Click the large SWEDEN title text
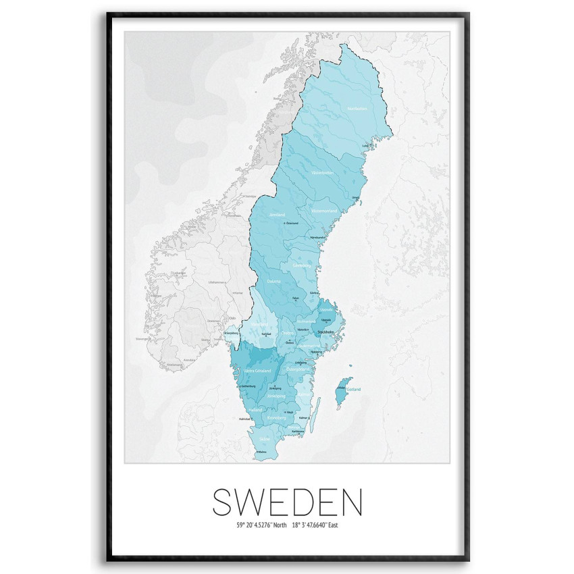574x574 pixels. click(287, 502)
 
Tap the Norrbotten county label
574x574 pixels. click(357, 109)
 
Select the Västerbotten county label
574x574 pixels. click(323, 173)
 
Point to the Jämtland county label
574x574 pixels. click(277, 214)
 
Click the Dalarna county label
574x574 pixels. click(273, 281)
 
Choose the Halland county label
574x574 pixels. click(255, 410)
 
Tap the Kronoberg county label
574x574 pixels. click(278, 419)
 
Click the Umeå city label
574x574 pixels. click(355, 198)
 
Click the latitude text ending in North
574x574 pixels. click(261, 525)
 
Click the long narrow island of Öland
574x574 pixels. click(318, 402)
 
